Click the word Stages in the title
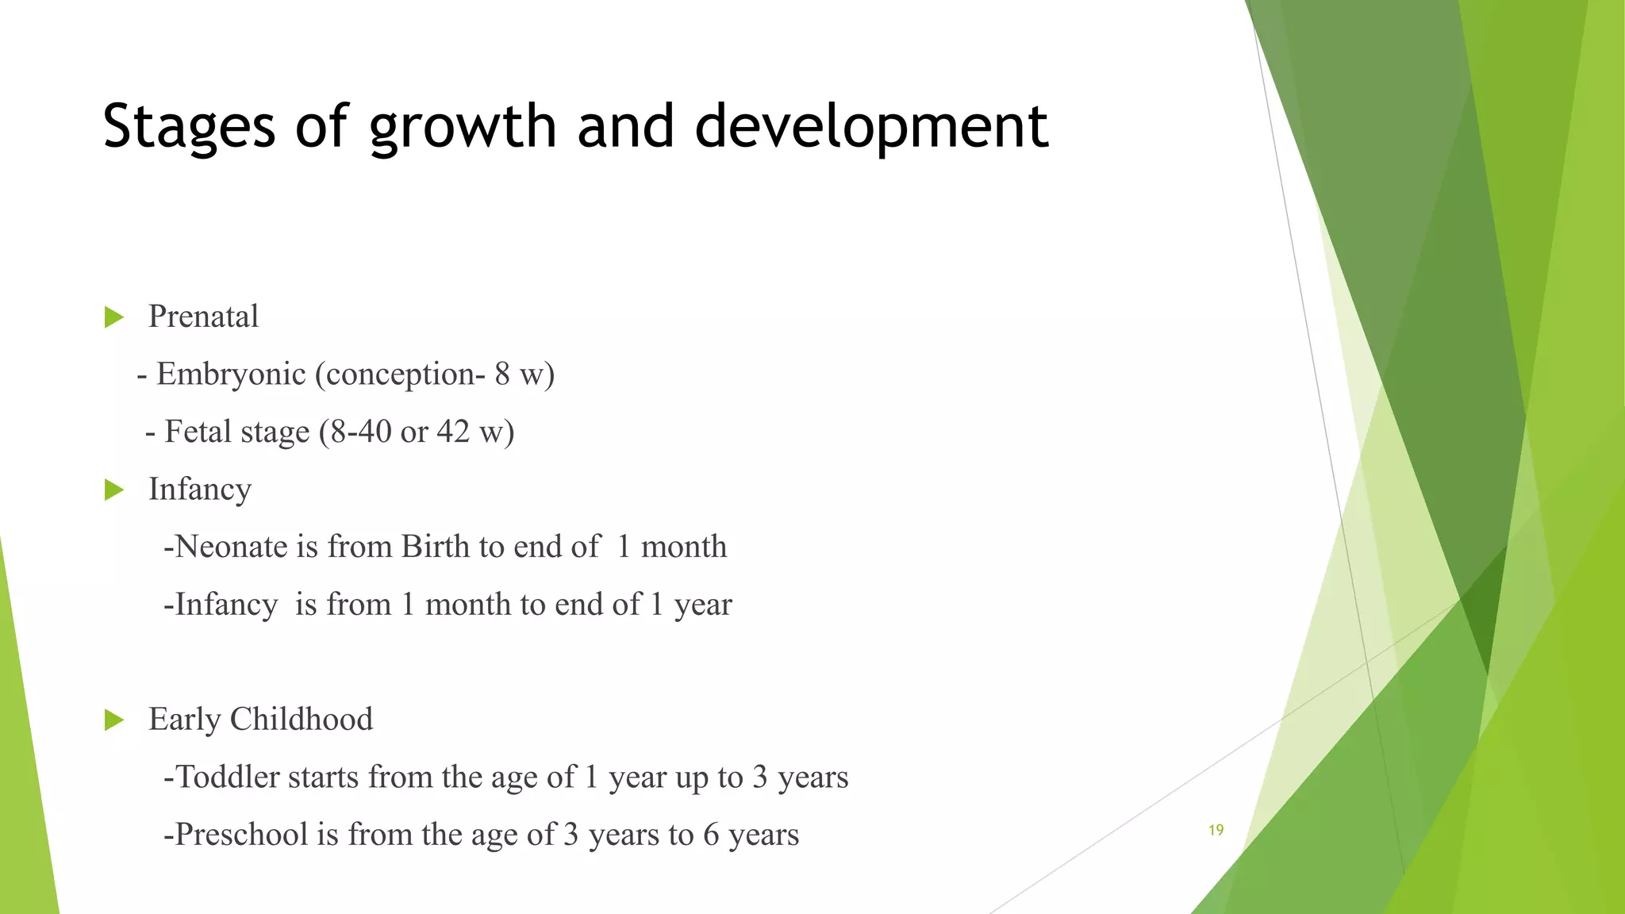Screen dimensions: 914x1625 coord(189,127)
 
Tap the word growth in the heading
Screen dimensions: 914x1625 coord(463,127)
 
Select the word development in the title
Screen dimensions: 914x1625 coord(871,127)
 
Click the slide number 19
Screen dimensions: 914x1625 coord(1216,830)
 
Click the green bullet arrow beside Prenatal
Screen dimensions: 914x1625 coord(114,317)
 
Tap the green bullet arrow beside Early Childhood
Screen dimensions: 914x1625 coord(114,720)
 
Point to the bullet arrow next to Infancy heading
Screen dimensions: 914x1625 coord(114,490)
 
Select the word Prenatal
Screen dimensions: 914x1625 coord(203,317)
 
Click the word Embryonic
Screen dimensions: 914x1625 coord(231,374)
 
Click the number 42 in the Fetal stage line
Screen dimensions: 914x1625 coord(453,432)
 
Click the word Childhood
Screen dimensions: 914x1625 coord(301,720)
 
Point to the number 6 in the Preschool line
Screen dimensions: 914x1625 coord(711,835)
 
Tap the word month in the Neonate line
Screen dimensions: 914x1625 coord(683,547)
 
